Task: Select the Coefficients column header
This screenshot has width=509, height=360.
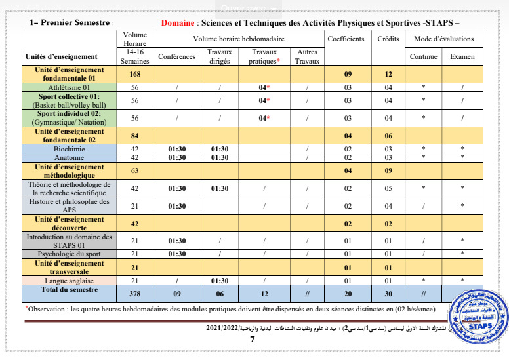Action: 346,39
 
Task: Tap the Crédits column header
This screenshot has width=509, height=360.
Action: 388,39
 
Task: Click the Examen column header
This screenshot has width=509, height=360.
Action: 462,57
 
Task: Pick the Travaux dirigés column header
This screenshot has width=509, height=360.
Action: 220,56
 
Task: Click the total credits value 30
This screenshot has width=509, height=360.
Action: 388,294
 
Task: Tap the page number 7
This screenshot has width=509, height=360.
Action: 252,340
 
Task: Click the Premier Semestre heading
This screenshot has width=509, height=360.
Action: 71,22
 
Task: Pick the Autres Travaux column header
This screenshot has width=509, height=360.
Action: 306,56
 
